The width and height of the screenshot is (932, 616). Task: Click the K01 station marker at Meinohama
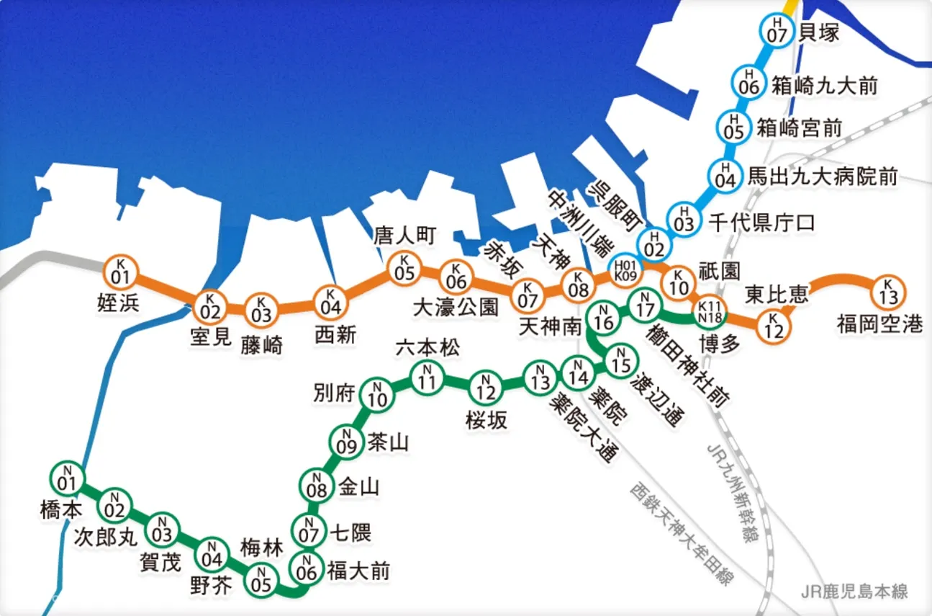121,272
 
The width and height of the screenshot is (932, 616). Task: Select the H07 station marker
777,30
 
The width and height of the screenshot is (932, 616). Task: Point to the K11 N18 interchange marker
710,312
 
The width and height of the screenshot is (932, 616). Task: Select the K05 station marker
404,269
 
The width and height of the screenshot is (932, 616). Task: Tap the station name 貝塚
819,33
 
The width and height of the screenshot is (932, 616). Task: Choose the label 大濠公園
456,308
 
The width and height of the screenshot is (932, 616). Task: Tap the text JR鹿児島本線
854,592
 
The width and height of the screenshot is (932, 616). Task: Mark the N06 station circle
307,569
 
